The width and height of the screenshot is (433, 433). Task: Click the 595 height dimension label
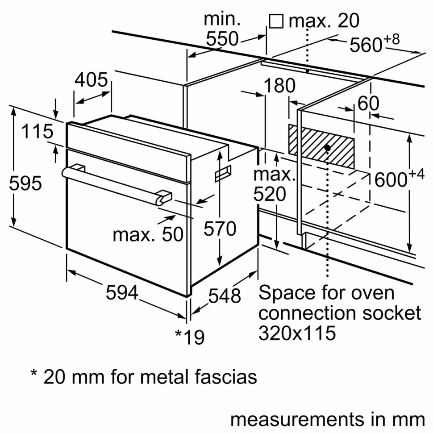(25, 183)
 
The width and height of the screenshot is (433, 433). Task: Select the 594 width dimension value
(121, 293)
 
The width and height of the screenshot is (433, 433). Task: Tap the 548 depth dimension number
(225, 296)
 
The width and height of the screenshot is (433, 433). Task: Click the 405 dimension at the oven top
(91, 80)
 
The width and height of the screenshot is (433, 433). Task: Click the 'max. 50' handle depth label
(148, 234)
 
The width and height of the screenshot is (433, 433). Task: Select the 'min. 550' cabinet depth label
(222, 29)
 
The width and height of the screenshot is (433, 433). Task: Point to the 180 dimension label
(279, 86)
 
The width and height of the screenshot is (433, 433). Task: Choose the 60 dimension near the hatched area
(368, 104)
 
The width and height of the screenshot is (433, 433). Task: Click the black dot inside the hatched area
(328, 147)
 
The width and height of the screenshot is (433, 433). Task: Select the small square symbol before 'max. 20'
(276, 21)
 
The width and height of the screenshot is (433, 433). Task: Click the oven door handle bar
(112, 183)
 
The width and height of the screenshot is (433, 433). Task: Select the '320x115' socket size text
(297, 333)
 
